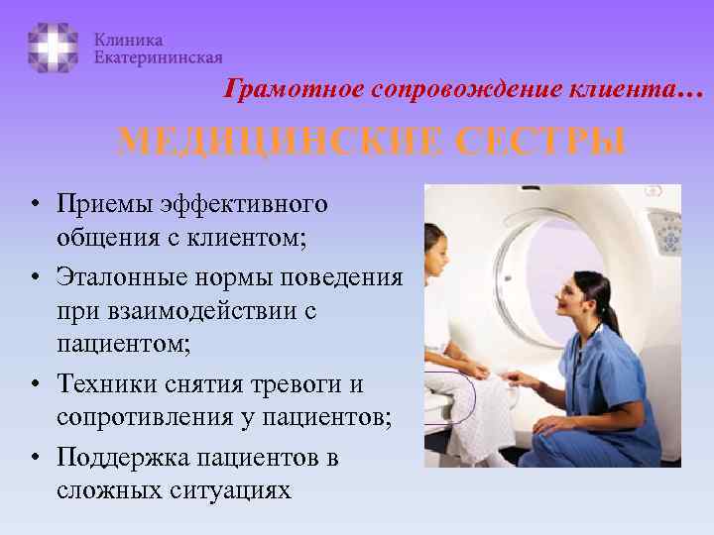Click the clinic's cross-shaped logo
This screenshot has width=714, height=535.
53,47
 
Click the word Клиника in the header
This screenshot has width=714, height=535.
128,40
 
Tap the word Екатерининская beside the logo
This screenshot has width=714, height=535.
158,58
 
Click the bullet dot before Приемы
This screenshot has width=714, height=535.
34,206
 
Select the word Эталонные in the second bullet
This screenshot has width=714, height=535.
110,276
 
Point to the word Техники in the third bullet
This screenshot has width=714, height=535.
99,384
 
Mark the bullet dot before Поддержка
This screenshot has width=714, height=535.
34,458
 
